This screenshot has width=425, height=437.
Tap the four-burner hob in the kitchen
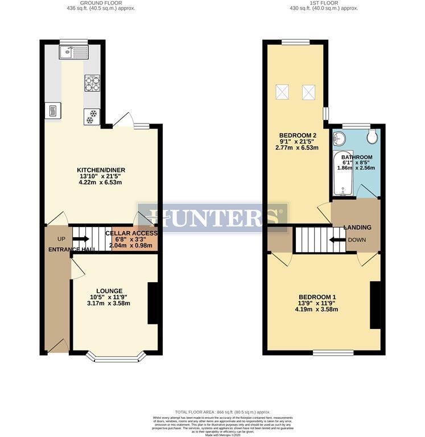[92, 83]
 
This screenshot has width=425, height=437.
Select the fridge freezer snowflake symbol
[91, 116]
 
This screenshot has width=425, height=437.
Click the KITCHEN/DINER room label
[101, 170]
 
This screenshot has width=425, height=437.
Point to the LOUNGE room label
[110, 291]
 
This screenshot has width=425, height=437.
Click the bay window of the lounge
[116, 357]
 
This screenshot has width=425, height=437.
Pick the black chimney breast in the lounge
[152, 303]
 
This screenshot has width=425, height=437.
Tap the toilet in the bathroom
[373, 137]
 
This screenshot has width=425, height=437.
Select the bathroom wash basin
[340, 138]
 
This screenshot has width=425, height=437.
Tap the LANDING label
[358, 228]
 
